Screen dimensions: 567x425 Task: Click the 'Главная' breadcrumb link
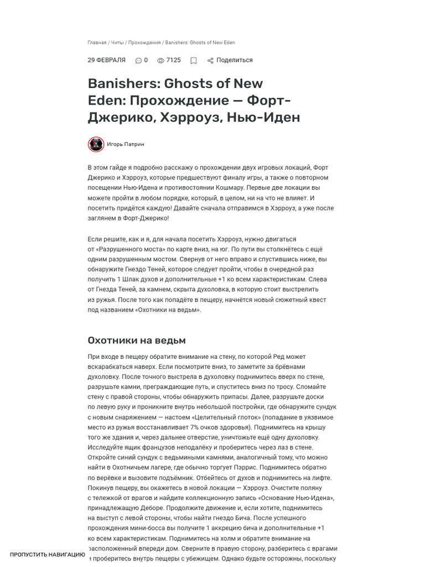click(x=97, y=43)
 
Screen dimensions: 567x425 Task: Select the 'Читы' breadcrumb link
click(x=117, y=43)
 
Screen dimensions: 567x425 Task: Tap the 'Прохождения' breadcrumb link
click(x=144, y=43)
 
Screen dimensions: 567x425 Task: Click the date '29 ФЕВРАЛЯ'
click(x=106, y=60)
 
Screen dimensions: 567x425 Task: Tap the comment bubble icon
click(x=138, y=61)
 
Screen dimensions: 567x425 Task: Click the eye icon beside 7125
click(x=160, y=61)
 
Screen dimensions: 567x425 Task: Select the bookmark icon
click(x=194, y=61)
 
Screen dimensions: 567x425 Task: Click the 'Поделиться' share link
click(x=234, y=60)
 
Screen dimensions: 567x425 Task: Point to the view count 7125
click(x=174, y=60)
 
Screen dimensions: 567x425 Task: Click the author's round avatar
click(x=96, y=145)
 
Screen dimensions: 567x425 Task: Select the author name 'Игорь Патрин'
click(x=126, y=145)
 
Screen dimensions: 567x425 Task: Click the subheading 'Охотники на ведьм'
click(x=137, y=340)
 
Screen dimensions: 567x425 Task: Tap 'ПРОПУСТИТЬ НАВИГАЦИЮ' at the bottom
click(x=48, y=554)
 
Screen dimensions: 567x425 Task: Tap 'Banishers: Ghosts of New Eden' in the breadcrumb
click(x=200, y=43)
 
